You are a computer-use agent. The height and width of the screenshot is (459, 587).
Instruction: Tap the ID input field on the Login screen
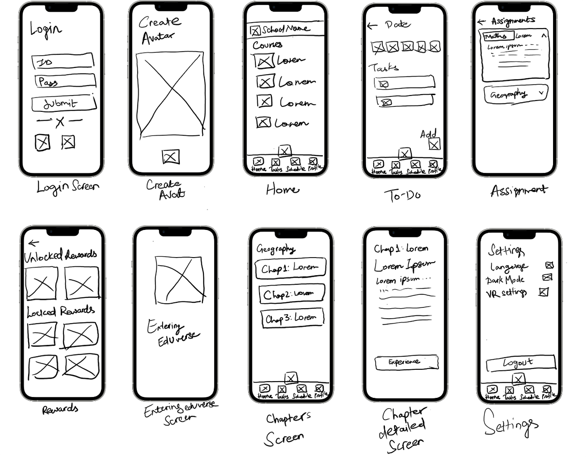click(x=62, y=61)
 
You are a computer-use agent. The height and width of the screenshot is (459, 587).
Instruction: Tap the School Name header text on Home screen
click(x=286, y=29)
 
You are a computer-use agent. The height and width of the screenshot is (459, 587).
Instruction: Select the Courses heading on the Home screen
click(x=268, y=45)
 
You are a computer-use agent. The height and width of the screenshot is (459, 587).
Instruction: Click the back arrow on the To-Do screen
click(x=372, y=26)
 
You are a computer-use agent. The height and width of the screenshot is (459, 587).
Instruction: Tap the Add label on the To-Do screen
click(x=428, y=134)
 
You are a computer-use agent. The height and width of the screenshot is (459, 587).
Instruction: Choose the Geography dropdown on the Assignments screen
click(x=515, y=94)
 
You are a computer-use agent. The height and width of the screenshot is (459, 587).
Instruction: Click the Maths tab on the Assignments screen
click(x=496, y=36)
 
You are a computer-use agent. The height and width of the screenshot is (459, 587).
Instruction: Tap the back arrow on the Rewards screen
click(x=34, y=242)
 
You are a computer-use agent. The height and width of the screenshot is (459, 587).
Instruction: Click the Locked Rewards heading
click(x=61, y=311)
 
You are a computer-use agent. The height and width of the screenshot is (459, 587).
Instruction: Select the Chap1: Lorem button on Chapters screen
click(x=290, y=268)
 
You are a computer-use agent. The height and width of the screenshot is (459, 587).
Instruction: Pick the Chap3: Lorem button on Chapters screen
click(x=292, y=318)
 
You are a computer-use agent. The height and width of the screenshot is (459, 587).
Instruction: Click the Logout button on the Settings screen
click(x=520, y=363)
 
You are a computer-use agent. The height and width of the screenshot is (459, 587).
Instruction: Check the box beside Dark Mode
click(x=547, y=277)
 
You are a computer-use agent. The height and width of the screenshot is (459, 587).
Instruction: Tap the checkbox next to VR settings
click(x=543, y=291)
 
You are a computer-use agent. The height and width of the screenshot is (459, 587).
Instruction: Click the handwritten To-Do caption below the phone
click(x=403, y=195)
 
